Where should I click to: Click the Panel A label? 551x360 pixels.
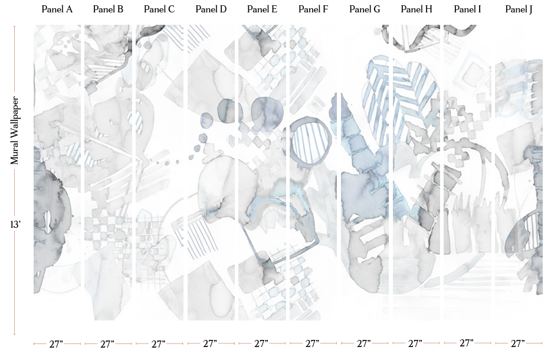57,9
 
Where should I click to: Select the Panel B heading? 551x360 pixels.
108,9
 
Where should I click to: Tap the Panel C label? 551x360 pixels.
159,9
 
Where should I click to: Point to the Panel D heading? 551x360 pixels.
211,9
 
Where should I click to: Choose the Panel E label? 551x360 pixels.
262,9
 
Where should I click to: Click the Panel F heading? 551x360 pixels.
313,9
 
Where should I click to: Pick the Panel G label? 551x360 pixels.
365,9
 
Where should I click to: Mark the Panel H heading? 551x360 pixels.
416,9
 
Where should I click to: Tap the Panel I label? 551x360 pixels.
467,9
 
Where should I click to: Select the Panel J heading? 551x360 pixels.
519,9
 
